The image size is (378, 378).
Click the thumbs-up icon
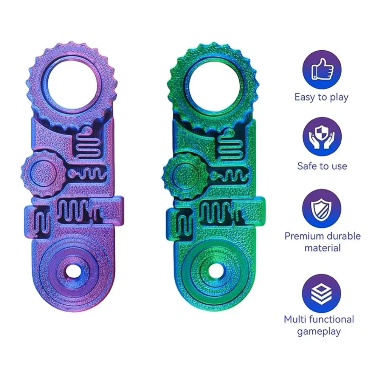coord(322,69)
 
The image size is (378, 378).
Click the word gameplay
coord(319,332)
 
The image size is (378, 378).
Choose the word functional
coord(332,319)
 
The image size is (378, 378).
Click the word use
coord(338,166)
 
